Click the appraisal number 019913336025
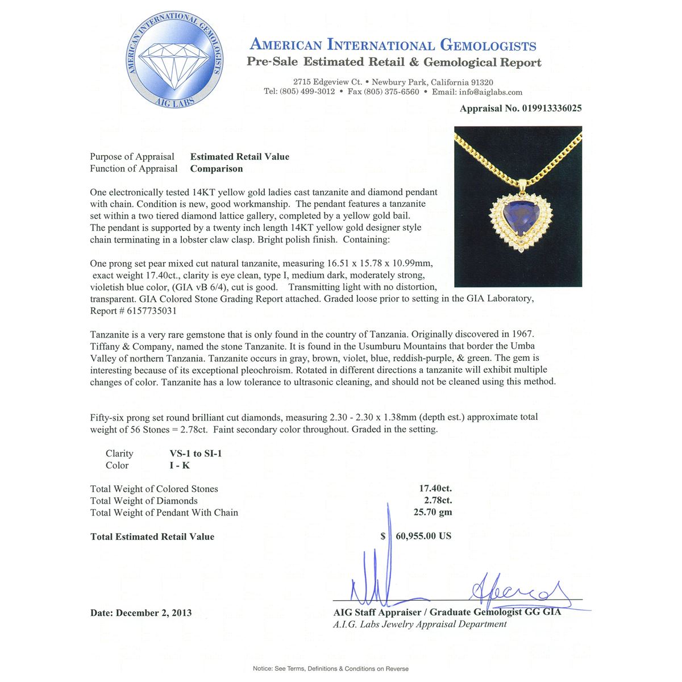point(552,109)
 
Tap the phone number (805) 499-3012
point(307,92)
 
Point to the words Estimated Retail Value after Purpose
point(239,157)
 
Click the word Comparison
point(216,169)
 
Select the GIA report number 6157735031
point(149,311)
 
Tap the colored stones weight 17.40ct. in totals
point(435,489)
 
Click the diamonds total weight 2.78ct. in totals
point(438,501)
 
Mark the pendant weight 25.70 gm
point(433,513)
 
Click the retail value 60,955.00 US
point(423,536)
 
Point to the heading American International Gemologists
point(393,45)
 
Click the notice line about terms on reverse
point(330,669)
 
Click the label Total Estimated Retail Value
point(152,537)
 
